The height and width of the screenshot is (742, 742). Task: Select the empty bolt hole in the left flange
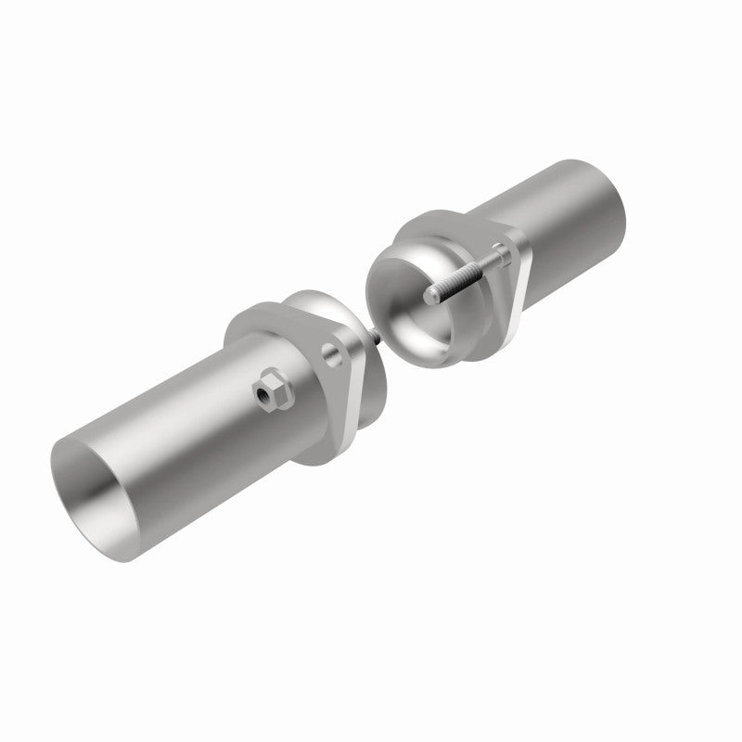point(331,356)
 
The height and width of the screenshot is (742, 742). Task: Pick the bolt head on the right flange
point(502,250)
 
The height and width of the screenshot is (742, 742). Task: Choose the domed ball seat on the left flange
point(320,306)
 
